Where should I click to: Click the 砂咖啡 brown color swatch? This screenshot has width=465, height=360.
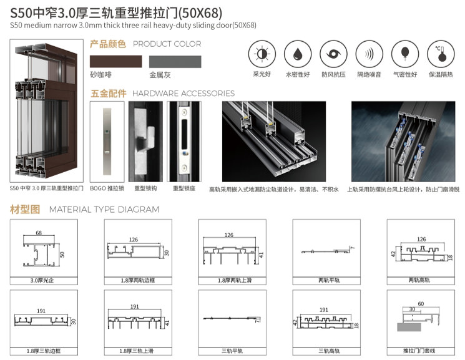point(115,62)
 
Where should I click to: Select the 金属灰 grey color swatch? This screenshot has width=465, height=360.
point(175,62)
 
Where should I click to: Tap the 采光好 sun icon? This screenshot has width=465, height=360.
point(262,54)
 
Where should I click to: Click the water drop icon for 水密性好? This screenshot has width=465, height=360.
point(298,54)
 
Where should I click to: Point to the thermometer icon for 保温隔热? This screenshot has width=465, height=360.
point(441,54)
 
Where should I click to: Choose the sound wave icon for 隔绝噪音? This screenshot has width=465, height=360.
point(370,54)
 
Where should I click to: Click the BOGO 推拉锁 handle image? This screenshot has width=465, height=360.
point(107,142)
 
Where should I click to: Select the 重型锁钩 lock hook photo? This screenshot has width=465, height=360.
point(145,142)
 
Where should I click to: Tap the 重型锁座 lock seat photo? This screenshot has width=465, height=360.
point(184,142)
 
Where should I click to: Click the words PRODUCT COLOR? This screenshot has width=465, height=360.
point(167,44)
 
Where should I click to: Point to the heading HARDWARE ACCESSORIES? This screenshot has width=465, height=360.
point(184,94)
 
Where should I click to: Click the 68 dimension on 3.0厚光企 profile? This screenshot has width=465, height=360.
point(39,233)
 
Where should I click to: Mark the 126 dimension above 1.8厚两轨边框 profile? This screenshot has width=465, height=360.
point(134,240)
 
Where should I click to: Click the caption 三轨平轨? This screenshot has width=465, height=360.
point(232,351)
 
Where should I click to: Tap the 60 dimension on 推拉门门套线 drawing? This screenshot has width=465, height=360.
point(421,304)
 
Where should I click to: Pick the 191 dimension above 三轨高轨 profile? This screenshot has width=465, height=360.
point(324,310)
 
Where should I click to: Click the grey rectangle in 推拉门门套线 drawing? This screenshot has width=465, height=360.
point(409,327)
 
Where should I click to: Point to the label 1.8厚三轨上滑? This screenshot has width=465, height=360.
point(137,351)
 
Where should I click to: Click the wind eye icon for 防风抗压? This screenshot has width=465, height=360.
point(333,54)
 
